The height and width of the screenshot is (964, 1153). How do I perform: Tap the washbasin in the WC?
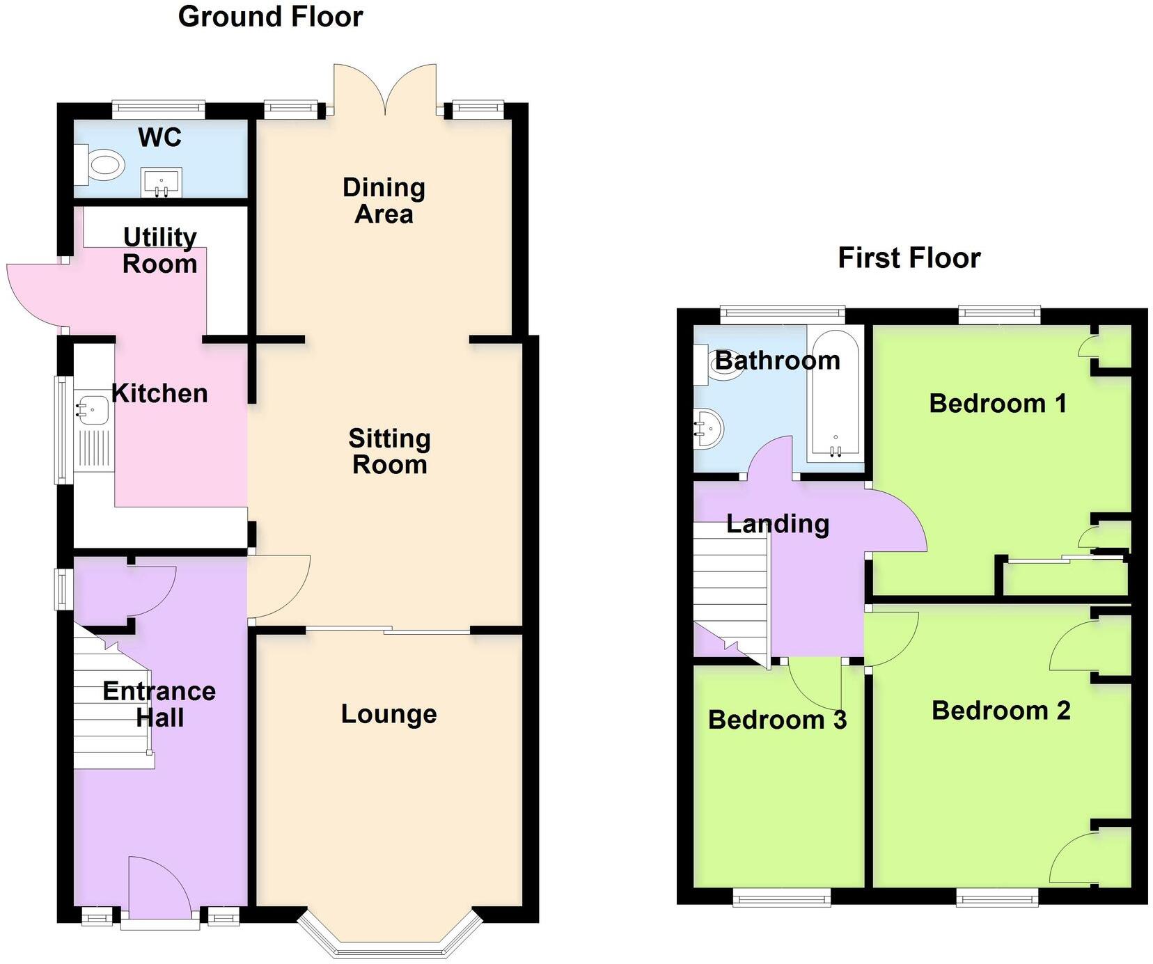click(x=161, y=182)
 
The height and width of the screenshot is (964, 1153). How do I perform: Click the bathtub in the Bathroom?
click(x=836, y=396)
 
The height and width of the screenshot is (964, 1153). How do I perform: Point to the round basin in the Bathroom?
click(x=709, y=429)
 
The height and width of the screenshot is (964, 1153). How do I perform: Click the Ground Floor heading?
click(x=270, y=17)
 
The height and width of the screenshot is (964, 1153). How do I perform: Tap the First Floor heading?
click(x=909, y=258)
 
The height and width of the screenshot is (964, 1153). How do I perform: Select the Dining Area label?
click(x=384, y=200)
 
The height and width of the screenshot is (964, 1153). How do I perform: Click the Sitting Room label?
click(x=389, y=452)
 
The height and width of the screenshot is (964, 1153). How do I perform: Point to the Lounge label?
click(x=389, y=714)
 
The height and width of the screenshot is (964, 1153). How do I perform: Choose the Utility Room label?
click(x=160, y=251)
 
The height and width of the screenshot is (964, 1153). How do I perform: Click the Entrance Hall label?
click(x=159, y=704)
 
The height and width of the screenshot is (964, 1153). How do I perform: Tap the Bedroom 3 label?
click(x=777, y=720)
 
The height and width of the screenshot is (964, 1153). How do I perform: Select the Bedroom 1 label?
click(x=998, y=404)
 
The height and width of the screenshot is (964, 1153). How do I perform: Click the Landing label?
click(x=778, y=524)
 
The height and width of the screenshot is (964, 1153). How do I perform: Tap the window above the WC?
click(x=159, y=108)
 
